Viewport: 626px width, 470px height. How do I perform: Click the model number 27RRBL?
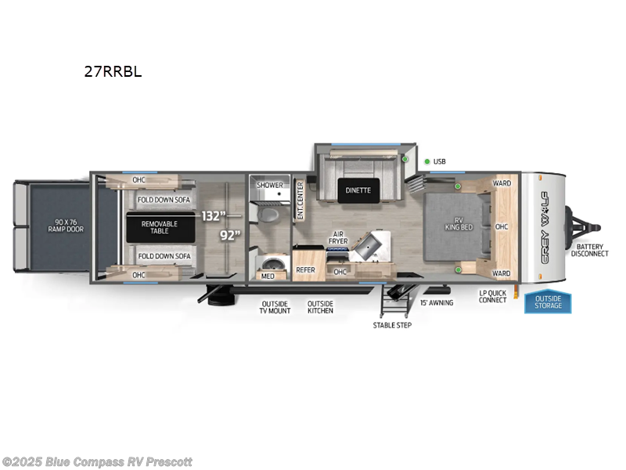[113, 70]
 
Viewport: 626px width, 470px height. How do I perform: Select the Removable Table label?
[159, 228]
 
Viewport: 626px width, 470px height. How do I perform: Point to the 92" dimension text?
[230, 234]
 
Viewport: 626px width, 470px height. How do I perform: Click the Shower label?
[271, 186]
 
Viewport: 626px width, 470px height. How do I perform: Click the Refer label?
[305, 269]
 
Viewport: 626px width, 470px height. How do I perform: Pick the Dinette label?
[360, 190]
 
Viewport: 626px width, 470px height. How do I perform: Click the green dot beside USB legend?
[427, 162]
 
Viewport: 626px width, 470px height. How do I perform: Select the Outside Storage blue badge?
[548, 302]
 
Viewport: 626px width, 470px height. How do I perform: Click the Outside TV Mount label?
[275, 307]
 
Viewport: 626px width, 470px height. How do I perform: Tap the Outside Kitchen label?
[320, 307]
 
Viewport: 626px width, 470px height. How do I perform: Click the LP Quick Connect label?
[493, 297]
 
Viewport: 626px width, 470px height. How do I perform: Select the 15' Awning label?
[437, 302]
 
